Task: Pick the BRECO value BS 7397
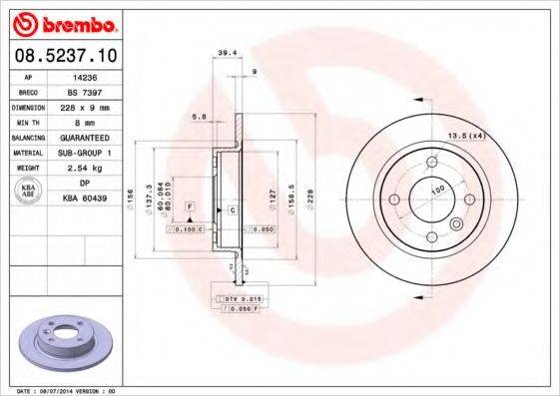pos(85,90)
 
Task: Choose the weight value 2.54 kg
pos(86,168)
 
